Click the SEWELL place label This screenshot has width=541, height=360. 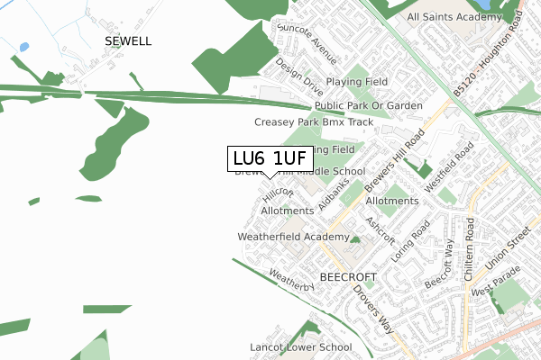coord(128,41)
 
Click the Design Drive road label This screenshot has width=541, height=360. coord(299,78)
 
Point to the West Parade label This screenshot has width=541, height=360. coord(492,292)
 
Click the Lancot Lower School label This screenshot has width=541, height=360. coord(300,346)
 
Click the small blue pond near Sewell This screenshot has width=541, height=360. coord(23,47)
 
